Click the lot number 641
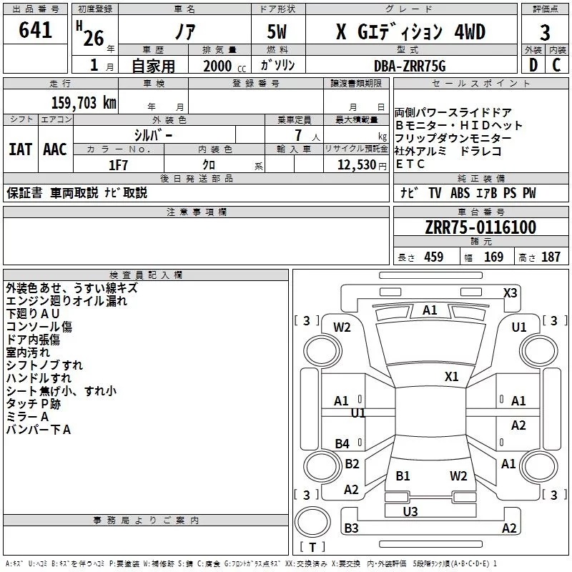pos(36,31)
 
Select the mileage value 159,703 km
pos(83,103)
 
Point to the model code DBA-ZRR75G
pos(409,65)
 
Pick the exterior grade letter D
pos(533,65)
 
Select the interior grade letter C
pos(556,65)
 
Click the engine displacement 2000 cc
pos(215,66)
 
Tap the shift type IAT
pos(20,149)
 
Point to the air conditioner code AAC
pos(54,149)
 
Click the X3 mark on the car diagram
pos(511,292)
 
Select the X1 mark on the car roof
pos(451,376)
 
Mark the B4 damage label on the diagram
pos(342,444)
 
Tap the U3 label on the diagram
pos(410,511)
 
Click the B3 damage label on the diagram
pos(351,528)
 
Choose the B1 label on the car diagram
pos(403,475)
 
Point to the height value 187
pos(551,257)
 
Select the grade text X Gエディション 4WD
pos(410,32)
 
